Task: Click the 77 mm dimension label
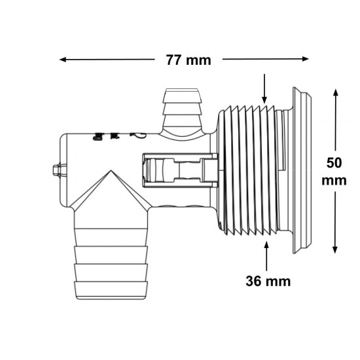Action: [x=189, y=60]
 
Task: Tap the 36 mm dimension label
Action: [x=268, y=281]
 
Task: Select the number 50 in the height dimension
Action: [x=334, y=163]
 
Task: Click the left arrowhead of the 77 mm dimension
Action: [x=63, y=60]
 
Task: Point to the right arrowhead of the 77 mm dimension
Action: [x=306, y=59]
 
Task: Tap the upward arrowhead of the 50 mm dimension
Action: [x=335, y=92]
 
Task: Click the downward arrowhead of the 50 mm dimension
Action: [x=335, y=250]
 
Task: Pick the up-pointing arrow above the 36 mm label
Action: [x=266, y=256]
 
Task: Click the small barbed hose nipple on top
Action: [x=182, y=111]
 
